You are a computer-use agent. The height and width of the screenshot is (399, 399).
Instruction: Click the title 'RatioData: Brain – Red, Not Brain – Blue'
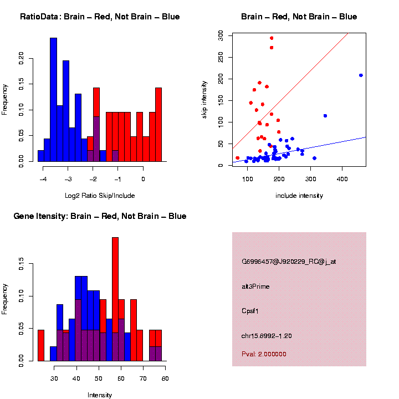[100, 17]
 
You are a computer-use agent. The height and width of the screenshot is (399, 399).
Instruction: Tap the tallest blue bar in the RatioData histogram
[53, 100]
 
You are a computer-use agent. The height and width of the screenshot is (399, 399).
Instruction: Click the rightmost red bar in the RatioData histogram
[158, 125]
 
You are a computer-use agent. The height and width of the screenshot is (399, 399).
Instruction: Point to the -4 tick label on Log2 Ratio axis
[43, 179]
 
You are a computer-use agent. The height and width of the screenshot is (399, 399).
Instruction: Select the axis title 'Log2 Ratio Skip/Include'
[100, 196]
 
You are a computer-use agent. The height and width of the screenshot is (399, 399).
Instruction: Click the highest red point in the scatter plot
[272, 38]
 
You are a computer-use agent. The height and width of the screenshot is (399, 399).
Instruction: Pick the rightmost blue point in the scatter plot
[361, 75]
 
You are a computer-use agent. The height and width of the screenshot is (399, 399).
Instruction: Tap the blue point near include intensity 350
[325, 116]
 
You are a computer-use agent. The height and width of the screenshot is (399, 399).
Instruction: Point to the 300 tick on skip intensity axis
[221, 35]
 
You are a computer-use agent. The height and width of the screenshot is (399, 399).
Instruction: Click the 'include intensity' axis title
[299, 196]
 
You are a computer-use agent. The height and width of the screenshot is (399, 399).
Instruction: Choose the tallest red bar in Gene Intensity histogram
[115, 299]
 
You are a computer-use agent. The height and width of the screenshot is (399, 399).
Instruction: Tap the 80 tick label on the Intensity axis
[165, 378]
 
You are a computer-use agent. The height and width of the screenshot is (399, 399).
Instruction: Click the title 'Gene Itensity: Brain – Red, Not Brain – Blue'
[100, 216]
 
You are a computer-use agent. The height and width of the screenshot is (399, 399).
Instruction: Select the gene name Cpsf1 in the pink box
[250, 311]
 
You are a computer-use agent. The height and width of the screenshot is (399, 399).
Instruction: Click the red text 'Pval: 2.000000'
[264, 354]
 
